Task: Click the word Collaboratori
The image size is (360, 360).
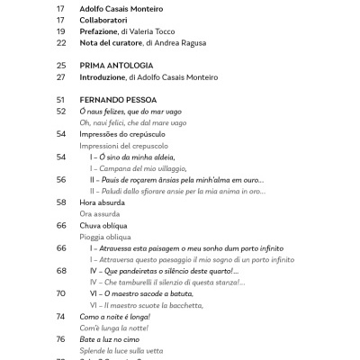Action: point(109,17)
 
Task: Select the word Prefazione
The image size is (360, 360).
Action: point(104,30)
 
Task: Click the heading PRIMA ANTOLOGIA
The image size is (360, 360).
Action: point(116,66)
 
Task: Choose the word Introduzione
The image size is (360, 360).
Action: point(108,78)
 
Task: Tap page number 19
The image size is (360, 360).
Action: point(61,30)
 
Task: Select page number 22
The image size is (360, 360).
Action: point(61,42)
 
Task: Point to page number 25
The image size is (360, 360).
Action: point(61,66)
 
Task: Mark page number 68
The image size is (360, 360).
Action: point(61,270)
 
